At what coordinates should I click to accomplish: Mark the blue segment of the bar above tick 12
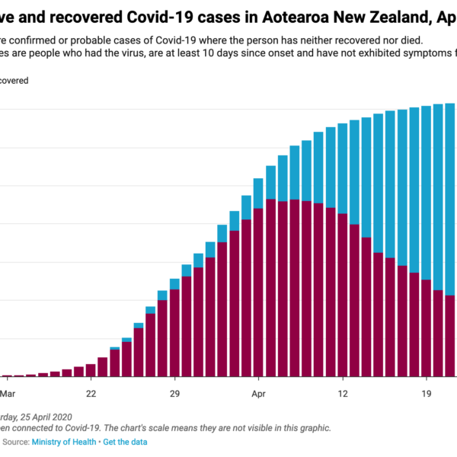[x=343, y=168]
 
